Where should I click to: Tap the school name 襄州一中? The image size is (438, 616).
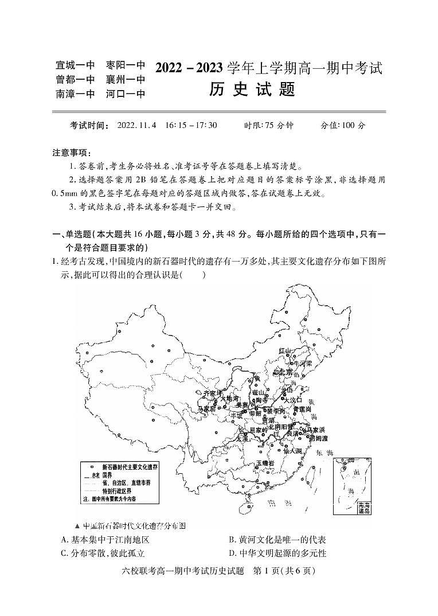[x=126, y=80]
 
